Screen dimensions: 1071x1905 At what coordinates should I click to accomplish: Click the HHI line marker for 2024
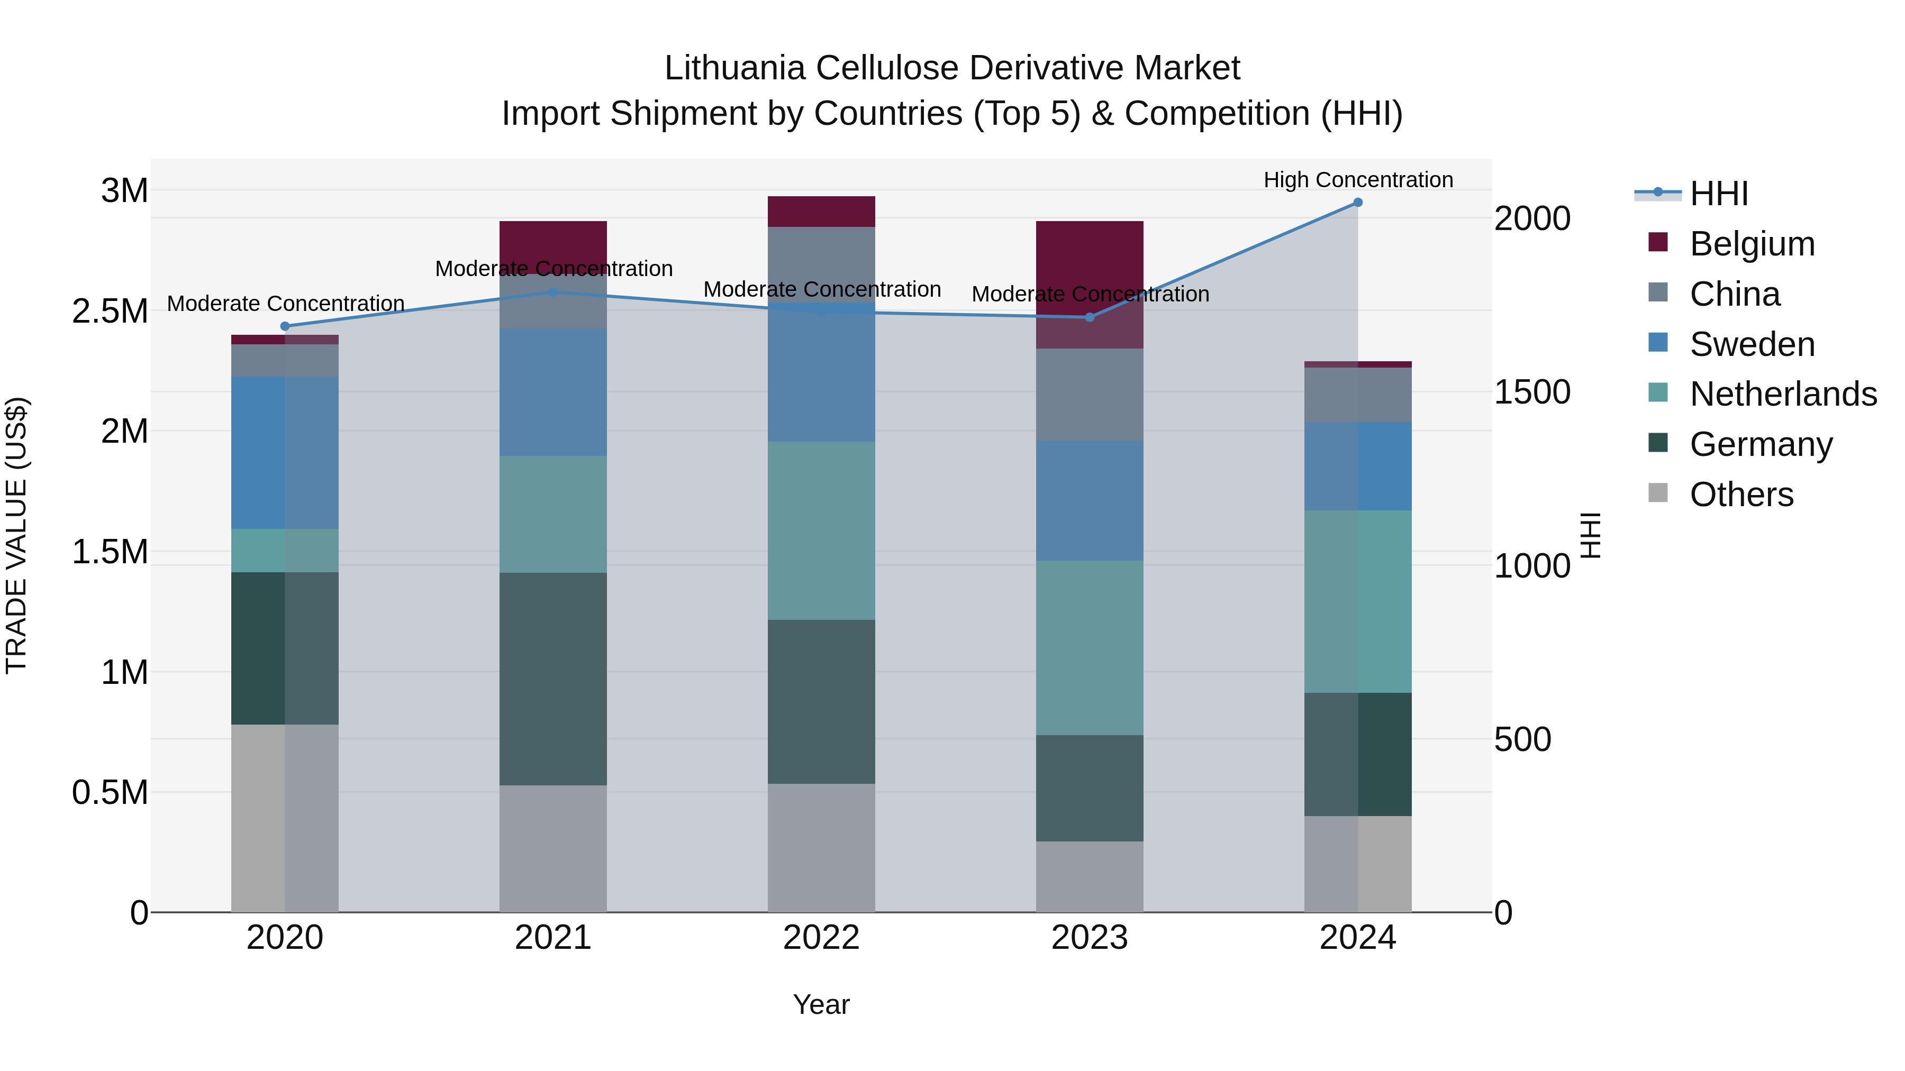click(x=1358, y=203)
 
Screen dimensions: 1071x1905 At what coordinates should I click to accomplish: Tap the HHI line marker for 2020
click(x=285, y=326)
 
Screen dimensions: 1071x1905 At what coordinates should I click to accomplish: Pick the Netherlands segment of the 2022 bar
click(x=821, y=530)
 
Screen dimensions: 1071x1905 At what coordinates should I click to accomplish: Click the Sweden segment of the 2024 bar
click(x=1358, y=466)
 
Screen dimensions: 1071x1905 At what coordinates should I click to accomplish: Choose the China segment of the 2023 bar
click(x=1090, y=395)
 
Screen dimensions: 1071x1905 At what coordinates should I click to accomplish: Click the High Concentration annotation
click(x=1358, y=180)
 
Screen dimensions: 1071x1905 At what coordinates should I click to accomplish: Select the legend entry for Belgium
click(x=1752, y=244)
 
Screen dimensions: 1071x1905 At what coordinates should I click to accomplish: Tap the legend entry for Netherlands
click(x=1783, y=394)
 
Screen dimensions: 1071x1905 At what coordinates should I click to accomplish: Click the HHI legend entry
click(x=1719, y=194)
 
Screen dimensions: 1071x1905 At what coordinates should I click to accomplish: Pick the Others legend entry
click(x=1741, y=495)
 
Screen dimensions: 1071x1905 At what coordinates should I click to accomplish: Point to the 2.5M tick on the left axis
click(x=110, y=311)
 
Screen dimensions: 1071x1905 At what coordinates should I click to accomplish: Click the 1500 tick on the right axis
click(x=1531, y=392)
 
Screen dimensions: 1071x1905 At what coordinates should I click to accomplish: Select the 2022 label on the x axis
click(x=821, y=938)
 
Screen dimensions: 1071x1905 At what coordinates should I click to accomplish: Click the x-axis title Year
click(x=821, y=1004)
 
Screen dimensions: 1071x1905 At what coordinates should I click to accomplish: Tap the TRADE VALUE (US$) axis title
click(x=16, y=535)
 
